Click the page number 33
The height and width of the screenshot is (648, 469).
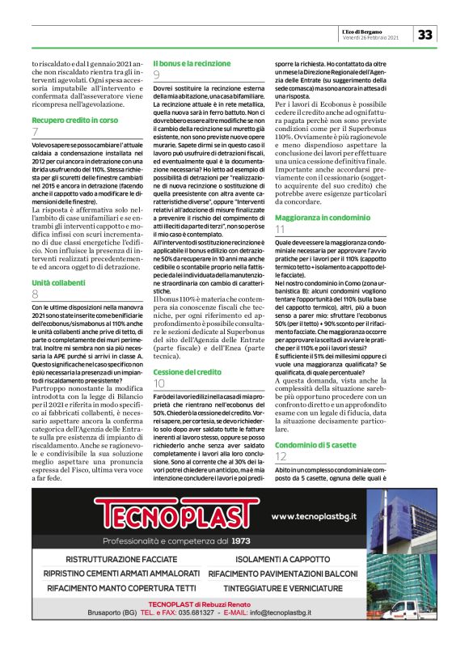pos(426,34)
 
